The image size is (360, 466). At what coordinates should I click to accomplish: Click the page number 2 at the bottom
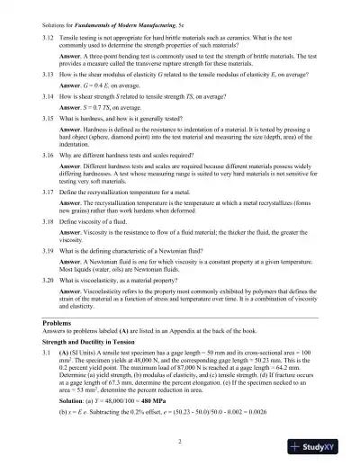pos(180,441)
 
